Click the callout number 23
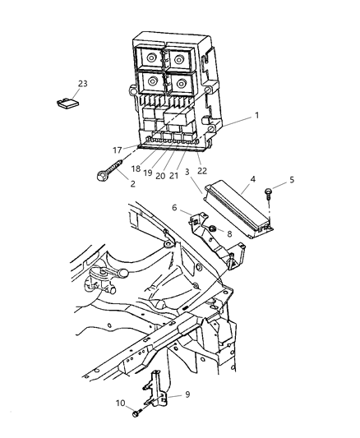pyautogui.click(x=82, y=84)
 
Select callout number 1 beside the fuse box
pyautogui.click(x=256, y=116)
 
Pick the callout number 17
pyautogui.click(x=118, y=150)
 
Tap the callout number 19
pyautogui.click(x=147, y=173)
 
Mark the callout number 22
pyautogui.click(x=201, y=170)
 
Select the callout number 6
pyautogui.click(x=175, y=208)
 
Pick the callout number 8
pyautogui.click(x=229, y=233)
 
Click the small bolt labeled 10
pyautogui.click(x=136, y=411)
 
